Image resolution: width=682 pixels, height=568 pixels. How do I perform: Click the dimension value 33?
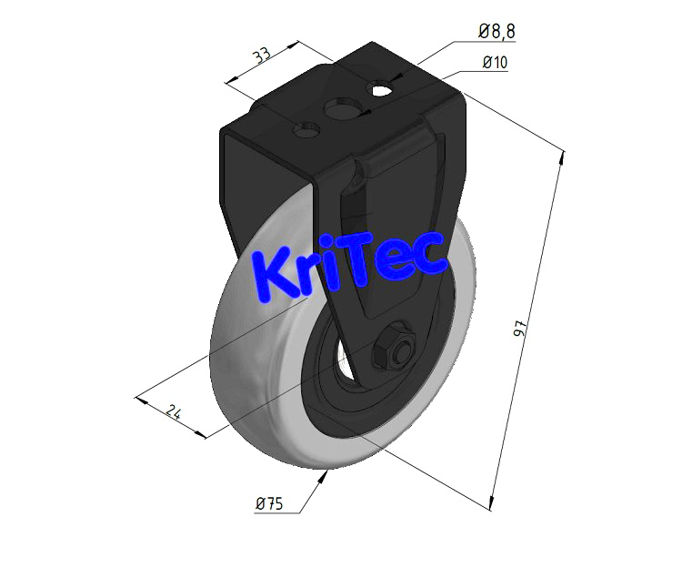pos(263,56)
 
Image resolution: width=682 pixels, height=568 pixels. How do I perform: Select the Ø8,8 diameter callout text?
pos(496,32)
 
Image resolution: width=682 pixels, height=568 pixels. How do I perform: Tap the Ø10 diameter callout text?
pos(496,63)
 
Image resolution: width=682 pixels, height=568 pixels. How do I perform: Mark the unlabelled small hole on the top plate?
pos(306,131)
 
